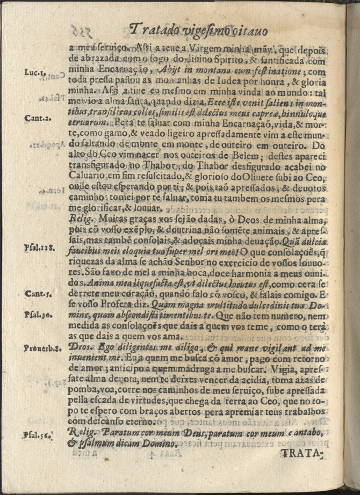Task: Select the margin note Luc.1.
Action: pyautogui.click(x=35, y=72)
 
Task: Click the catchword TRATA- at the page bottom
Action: pyautogui.click(x=301, y=454)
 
